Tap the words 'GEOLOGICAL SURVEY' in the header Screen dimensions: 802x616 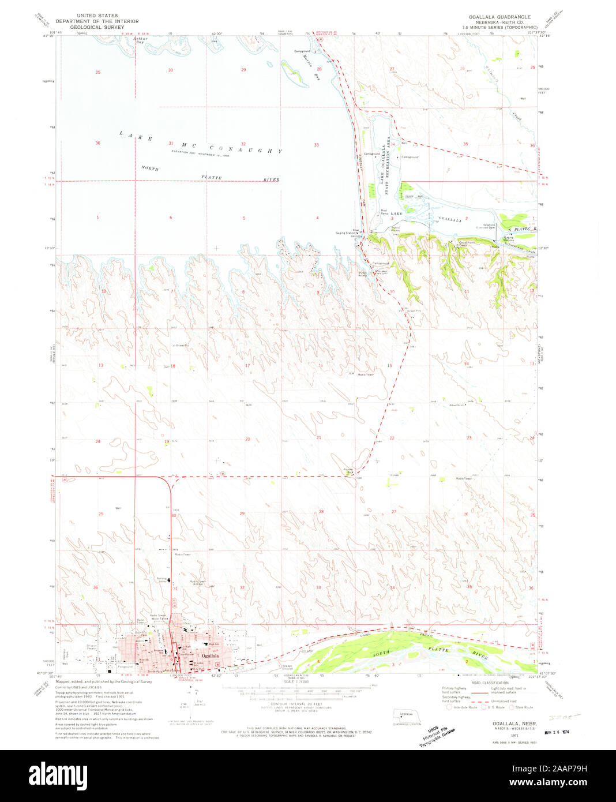(97, 26)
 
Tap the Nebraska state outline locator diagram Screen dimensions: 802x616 (401, 718)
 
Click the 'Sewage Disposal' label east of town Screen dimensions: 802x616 (287, 669)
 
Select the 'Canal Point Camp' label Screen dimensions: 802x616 (465, 243)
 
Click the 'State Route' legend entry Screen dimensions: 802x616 (523, 707)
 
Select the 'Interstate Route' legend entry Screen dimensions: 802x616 (464, 707)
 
